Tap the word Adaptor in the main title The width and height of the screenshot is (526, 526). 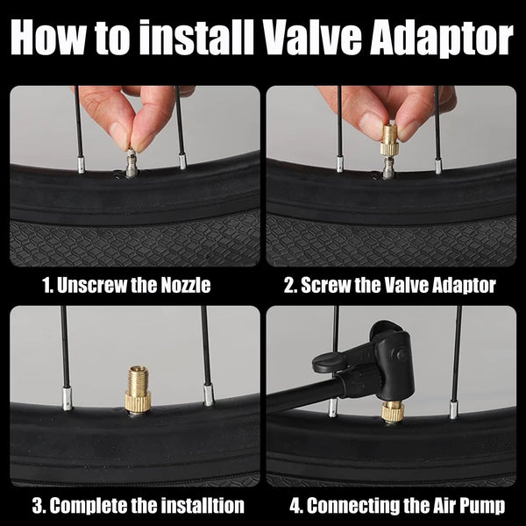(x=442, y=39)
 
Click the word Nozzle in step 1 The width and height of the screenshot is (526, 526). (x=186, y=285)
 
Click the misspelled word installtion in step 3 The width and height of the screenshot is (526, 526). (x=203, y=505)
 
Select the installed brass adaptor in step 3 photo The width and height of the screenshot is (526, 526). (x=138, y=389)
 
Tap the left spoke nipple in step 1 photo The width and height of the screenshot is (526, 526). (x=81, y=165)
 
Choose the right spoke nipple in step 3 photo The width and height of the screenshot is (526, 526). (x=208, y=395)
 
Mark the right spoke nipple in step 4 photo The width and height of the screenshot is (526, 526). (x=453, y=410)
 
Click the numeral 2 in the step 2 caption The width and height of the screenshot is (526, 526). (x=289, y=286)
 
